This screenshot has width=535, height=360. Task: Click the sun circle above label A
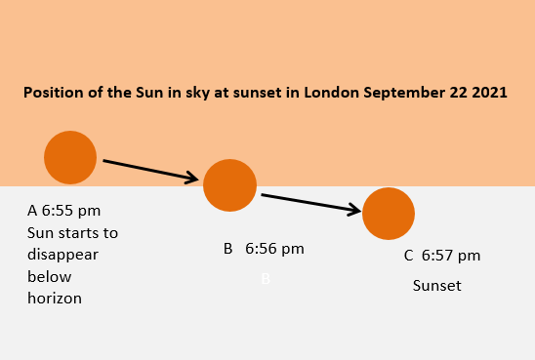tap(70, 157)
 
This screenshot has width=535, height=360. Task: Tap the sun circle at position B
tap(229, 184)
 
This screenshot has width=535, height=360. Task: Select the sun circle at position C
tap(389, 213)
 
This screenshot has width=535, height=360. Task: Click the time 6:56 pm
tap(274, 249)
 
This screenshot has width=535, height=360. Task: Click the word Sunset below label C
tap(436, 286)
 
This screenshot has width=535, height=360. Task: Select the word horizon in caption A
tap(55, 299)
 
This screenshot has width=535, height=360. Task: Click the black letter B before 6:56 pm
tap(227, 249)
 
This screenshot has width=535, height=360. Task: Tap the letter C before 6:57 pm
tap(409, 256)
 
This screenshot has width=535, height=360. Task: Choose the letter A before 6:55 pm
tap(32, 211)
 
